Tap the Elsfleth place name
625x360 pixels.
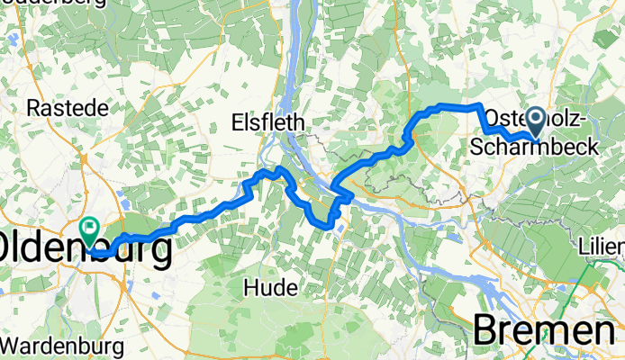268,122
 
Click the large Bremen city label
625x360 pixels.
547,329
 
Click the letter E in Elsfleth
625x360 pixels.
237,122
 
